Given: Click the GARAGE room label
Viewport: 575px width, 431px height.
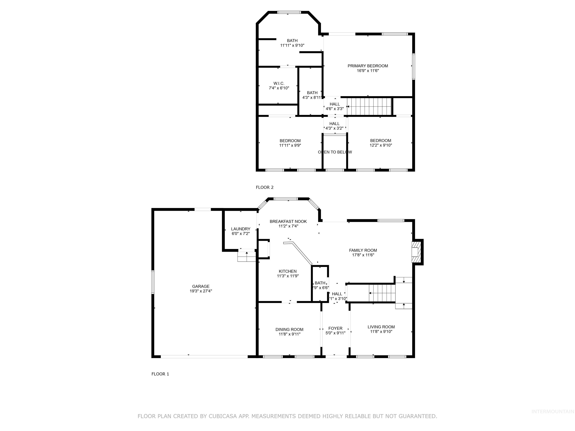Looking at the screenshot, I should (201, 286).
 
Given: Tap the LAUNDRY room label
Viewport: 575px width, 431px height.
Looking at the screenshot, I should (241, 229).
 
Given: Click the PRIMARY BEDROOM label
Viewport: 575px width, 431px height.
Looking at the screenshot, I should (368, 66).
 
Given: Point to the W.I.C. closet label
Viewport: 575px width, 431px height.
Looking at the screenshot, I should (279, 83).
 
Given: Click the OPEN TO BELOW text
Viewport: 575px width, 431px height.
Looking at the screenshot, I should (335, 152).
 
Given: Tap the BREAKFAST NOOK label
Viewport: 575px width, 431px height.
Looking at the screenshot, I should (288, 221).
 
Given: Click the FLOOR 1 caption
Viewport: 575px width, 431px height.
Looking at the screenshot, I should (160, 374).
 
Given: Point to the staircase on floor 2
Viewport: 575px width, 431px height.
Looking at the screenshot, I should (369, 106).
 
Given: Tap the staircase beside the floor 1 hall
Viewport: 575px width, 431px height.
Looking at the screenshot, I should (382, 293).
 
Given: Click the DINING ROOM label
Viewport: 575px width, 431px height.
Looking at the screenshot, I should (289, 329).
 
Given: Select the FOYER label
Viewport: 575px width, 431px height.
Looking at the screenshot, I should (335, 328).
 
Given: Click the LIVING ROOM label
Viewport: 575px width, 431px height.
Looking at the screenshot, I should (381, 327).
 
